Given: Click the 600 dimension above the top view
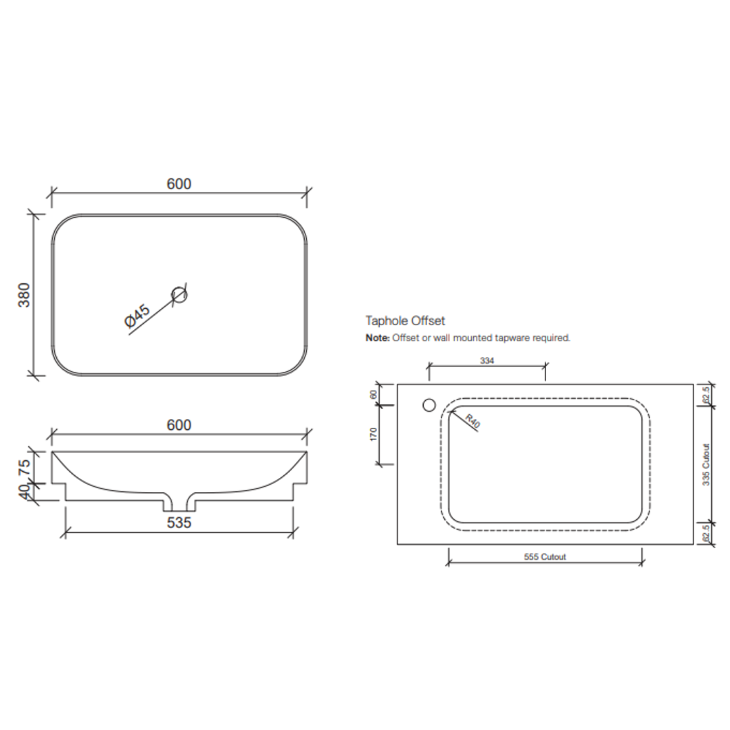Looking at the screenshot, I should (179, 184).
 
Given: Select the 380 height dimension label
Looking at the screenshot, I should (24, 295).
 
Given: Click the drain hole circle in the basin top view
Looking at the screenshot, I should (179, 294).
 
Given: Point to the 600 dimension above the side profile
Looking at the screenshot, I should (179, 425).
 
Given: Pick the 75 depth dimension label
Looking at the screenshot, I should (24, 467).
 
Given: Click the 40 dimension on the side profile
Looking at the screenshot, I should (24, 492).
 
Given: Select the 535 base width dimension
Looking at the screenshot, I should (179, 522).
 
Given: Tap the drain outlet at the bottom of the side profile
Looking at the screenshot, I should (179, 503).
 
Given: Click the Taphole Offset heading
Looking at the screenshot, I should (405, 320).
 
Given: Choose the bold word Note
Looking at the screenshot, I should (377, 338).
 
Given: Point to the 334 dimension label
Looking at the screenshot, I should (487, 361).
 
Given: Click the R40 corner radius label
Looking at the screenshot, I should (472, 424).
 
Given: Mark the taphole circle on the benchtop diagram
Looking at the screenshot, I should (429, 405).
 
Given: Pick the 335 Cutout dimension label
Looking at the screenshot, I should (706, 464).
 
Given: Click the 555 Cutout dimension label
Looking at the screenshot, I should (545, 557).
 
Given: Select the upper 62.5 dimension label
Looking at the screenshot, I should (706, 395).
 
